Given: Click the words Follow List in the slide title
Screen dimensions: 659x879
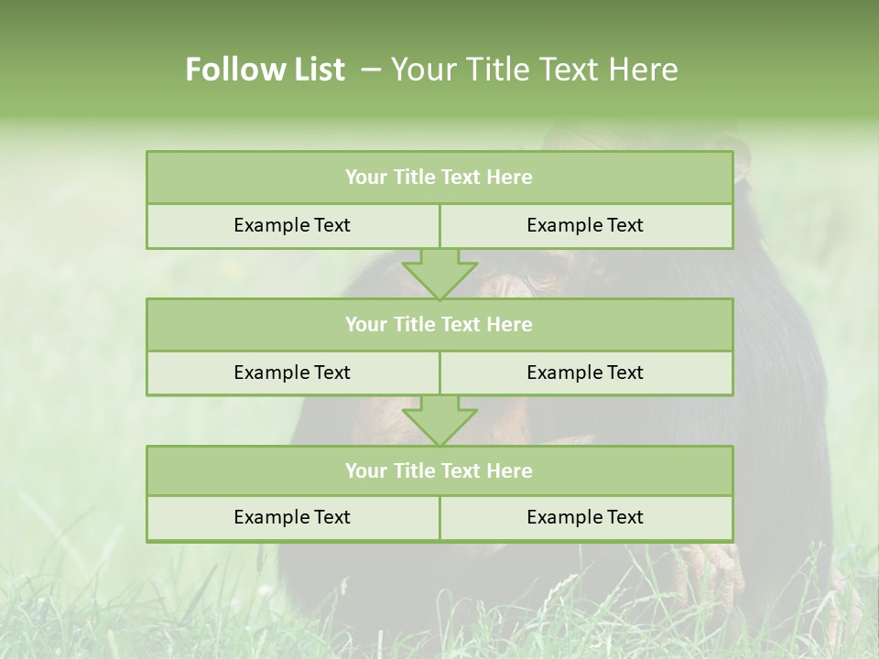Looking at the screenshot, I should (x=265, y=70).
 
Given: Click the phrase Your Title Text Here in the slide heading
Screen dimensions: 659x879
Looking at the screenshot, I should (x=535, y=70).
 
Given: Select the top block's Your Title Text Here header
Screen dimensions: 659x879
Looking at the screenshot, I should (x=439, y=178).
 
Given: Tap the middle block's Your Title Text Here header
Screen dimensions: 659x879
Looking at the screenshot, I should (x=439, y=324).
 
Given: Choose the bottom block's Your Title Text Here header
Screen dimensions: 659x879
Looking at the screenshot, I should (x=439, y=470).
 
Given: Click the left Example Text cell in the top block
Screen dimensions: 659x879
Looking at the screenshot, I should (x=292, y=225).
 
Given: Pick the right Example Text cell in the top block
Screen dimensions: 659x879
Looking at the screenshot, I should (x=585, y=225).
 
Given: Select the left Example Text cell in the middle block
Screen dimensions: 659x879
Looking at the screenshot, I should (x=292, y=373).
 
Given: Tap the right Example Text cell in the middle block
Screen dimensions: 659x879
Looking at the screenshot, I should (x=585, y=373).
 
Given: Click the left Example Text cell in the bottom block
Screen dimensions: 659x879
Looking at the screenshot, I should (x=292, y=517).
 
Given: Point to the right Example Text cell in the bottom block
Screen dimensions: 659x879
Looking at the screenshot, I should (x=585, y=517).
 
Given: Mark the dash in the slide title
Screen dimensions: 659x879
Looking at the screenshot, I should (x=371, y=70).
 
